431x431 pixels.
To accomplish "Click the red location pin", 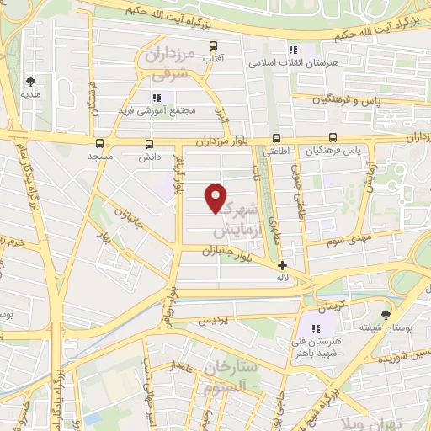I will coord(216,197).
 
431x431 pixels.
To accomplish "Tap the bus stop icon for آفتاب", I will coord(214,46).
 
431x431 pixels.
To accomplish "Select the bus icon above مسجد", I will coord(100,143).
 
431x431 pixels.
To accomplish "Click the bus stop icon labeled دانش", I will coord(150,144).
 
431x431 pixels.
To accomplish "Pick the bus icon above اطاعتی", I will coord(276,139).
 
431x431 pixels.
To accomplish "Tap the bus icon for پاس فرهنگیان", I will coord(333,137).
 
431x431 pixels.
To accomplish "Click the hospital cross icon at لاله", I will coord(281,265).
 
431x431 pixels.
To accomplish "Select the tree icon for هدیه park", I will coord(31,82).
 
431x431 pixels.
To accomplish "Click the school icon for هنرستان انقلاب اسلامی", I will coord(293,50).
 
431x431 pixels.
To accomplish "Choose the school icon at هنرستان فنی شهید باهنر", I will coord(317,328).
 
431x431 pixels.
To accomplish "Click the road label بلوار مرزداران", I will coord(223,141).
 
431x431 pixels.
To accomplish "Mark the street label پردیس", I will coord(213,322).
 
